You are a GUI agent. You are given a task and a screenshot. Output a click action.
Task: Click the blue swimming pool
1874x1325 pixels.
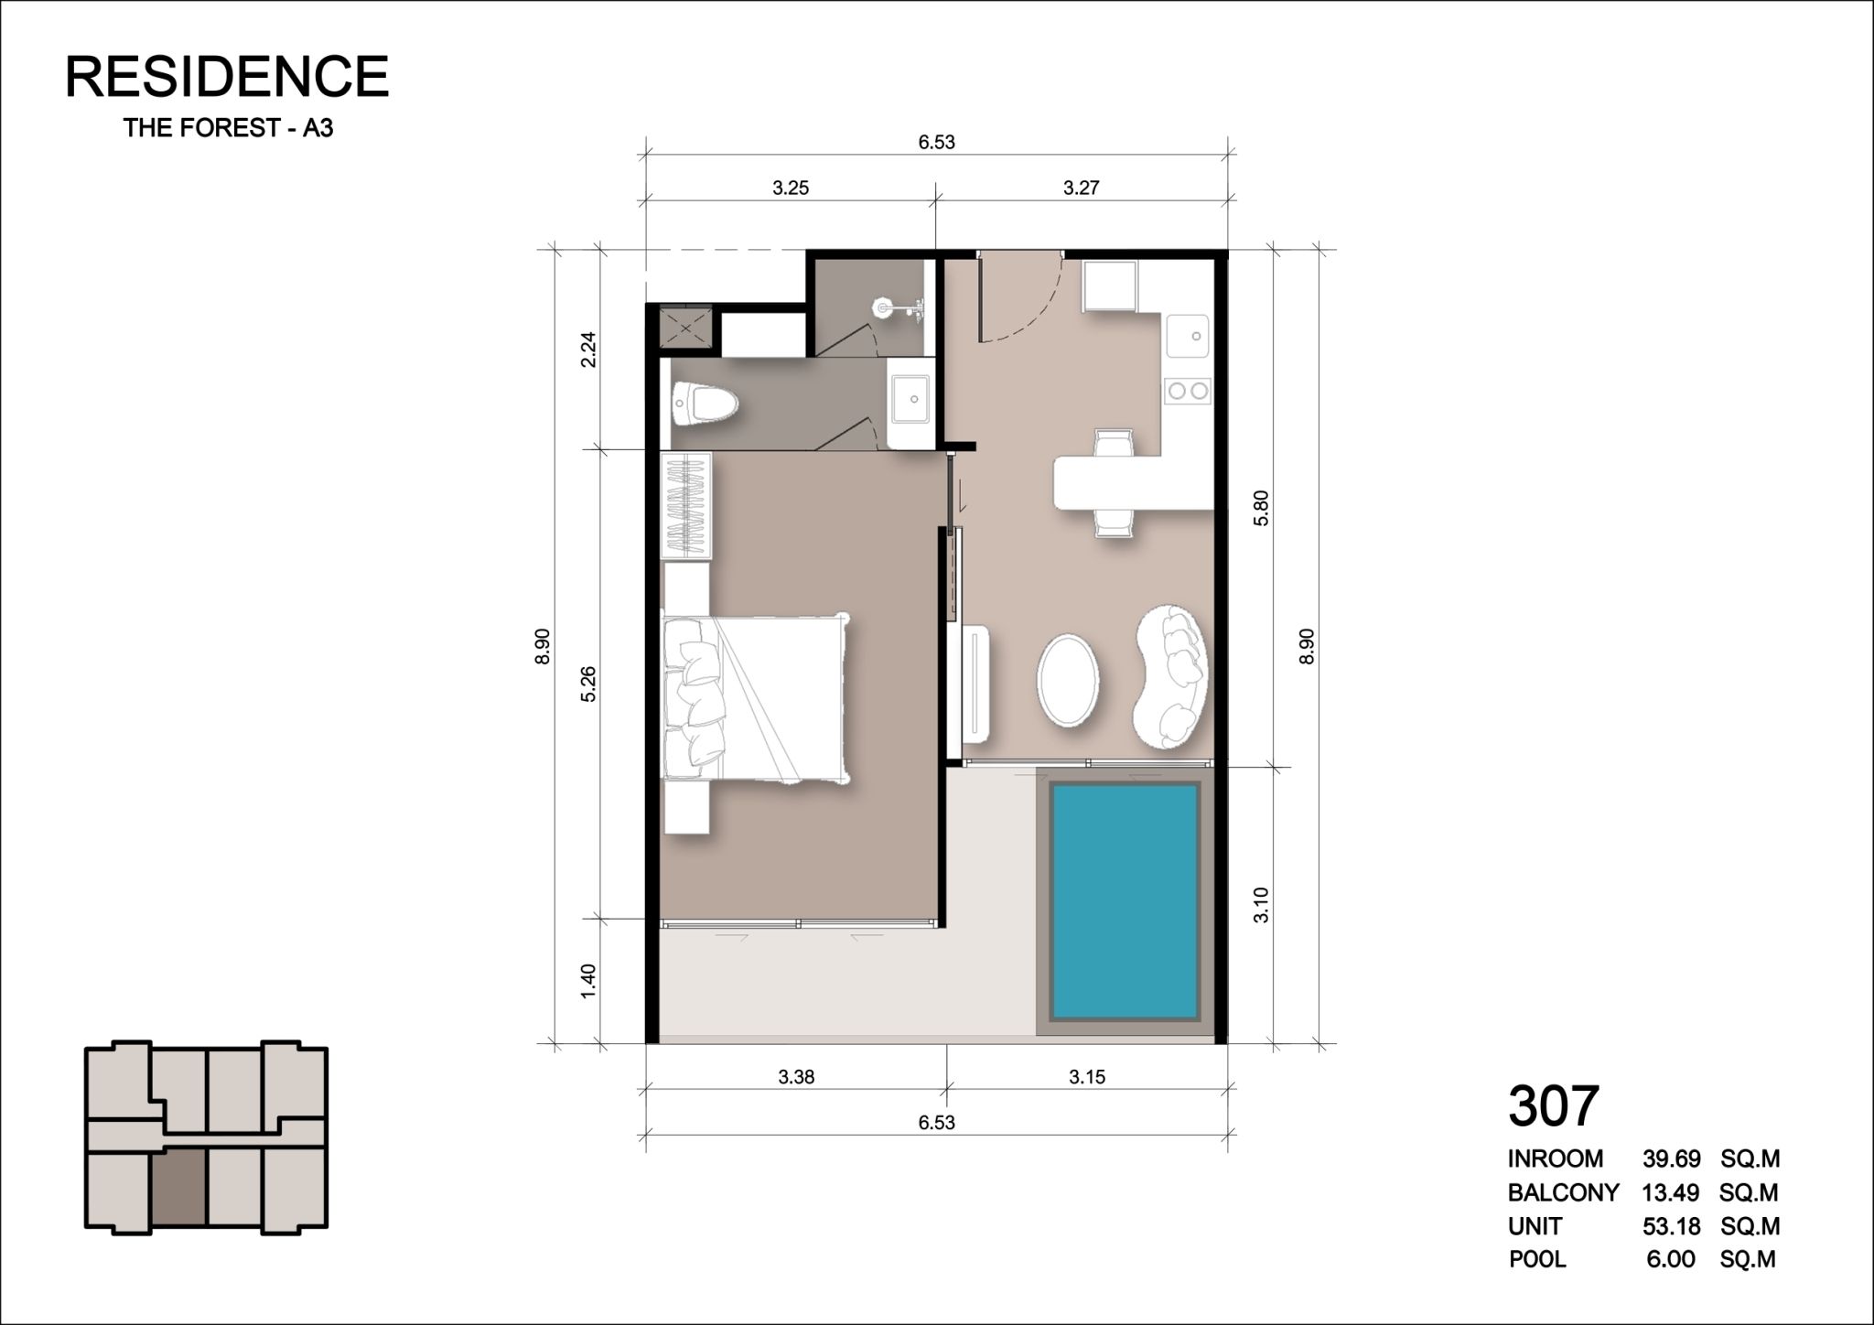coord(1125,900)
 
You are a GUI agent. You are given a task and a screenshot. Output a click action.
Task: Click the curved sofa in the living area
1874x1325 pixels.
coord(1171,677)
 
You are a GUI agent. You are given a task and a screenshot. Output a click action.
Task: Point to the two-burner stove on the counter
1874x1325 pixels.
coord(1188,391)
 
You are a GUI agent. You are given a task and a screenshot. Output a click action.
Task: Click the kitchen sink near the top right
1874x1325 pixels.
coord(1188,336)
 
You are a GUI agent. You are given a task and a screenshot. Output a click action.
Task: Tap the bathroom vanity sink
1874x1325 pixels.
coord(911,403)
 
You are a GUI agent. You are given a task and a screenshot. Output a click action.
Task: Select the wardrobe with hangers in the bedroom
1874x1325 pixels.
coord(686,505)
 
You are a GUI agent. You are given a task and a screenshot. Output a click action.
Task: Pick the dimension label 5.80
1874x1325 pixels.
coord(1263,508)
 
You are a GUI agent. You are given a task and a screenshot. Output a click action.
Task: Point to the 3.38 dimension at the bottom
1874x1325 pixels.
coord(796,1077)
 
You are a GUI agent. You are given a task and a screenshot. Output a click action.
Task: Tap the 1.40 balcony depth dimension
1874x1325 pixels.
coord(588,981)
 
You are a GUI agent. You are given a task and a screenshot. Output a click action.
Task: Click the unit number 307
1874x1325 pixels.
coord(1553,1105)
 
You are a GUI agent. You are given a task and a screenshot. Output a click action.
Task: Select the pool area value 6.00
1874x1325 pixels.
coord(1671,1259)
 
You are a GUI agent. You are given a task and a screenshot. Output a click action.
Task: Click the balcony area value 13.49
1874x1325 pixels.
coord(1671,1192)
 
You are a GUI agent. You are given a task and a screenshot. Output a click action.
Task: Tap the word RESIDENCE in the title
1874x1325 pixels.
coord(227,76)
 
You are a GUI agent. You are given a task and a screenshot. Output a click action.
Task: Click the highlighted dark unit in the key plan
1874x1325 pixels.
coord(180,1188)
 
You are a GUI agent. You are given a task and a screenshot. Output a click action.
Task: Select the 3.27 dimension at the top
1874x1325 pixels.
coord(1081,189)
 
